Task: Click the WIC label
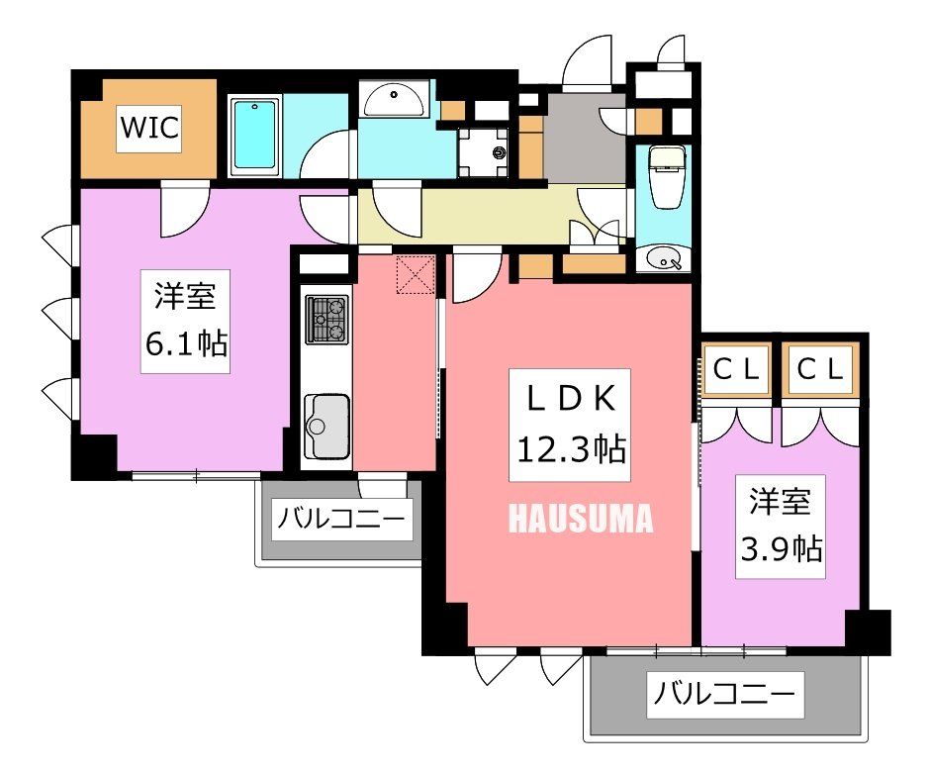click(x=149, y=129)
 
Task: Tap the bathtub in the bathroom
click(x=255, y=137)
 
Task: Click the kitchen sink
click(x=325, y=426)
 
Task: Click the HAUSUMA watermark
click(x=581, y=519)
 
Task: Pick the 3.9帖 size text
click(x=781, y=545)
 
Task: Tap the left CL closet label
click(x=737, y=369)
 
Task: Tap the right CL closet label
click(x=821, y=369)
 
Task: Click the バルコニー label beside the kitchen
click(x=340, y=518)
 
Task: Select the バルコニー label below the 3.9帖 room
click(x=724, y=695)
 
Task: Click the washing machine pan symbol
click(x=483, y=151)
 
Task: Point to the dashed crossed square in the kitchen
click(x=416, y=274)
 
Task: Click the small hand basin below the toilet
click(x=660, y=259)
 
